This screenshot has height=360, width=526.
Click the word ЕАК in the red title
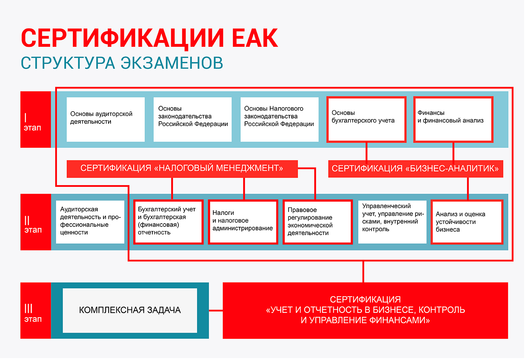(x=255, y=38)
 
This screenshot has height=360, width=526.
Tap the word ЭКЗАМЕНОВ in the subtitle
(x=172, y=63)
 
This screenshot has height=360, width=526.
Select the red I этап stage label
(x=36, y=120)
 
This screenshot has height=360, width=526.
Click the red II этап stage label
(x=36, y=222)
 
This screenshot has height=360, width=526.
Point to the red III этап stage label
(x=36, y=310)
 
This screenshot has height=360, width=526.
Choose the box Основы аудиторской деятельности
(x=106, y=120)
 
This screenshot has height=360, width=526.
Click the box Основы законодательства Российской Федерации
(x=192, y=120)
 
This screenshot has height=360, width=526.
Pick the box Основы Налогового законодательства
(x=280, y=120)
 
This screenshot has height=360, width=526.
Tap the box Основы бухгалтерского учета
(x=366, y=120)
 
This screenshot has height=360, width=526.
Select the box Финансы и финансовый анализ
(x=454, y=120)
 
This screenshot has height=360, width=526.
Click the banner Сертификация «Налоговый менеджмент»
(x=182, y=169)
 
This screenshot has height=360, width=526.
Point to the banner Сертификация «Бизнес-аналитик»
(x=416, y=169)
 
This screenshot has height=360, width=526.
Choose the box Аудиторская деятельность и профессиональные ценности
(x=90, y=222)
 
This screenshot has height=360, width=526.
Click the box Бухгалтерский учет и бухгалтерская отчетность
(x=168, y=222)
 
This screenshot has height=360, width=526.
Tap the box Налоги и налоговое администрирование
(x=243, y=222)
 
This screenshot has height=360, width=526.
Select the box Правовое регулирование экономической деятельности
(x=318, y=222)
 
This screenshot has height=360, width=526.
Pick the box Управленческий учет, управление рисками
(x=392, y=222)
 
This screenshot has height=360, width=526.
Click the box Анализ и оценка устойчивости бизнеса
(x=467, y=222)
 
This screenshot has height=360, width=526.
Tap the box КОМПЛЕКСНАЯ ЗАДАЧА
(x=130, y=310)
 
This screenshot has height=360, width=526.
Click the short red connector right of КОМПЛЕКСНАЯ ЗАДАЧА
(x=216, y=310)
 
